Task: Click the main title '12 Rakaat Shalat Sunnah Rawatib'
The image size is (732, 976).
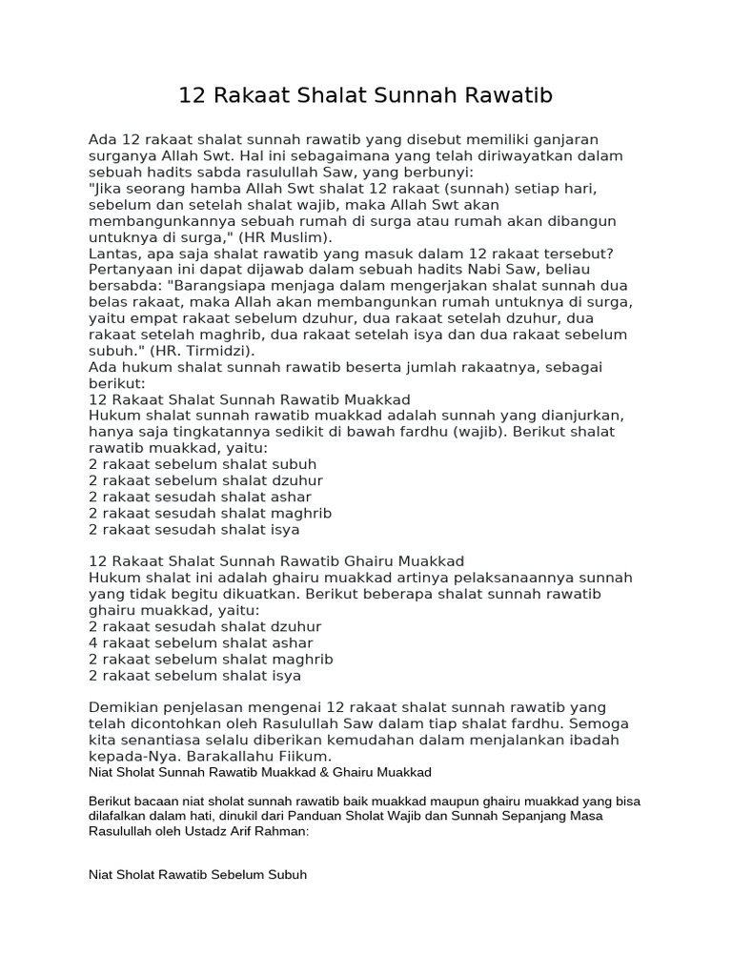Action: [366, 96]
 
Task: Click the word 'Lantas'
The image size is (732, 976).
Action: [112, 253]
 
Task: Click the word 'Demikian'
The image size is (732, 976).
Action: [124, 707]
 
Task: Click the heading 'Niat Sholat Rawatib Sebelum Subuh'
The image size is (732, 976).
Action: [197, 873]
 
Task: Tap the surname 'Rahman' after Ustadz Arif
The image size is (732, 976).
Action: [284, 831]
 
